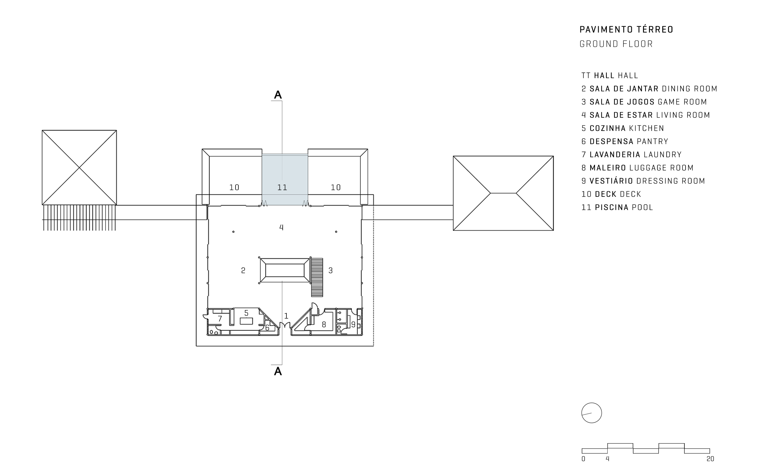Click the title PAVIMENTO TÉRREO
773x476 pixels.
coord(626,30)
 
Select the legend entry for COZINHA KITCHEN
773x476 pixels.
coord(623,129)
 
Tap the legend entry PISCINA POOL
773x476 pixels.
coord(617,207)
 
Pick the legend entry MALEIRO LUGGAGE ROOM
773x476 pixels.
coord(638,168)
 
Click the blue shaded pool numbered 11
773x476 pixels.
coord(285,179)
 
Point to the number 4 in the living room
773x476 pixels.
coord(281,227)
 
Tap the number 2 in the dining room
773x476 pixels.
coord(243,270)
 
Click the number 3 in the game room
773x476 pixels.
coord(330,270)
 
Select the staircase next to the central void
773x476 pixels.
coord(317,277)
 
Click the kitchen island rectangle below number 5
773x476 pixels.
coord(246,321)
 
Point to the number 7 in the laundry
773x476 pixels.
coord(220,319)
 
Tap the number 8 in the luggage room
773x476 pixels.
coord(324,325)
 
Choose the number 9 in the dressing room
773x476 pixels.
coord(353,325)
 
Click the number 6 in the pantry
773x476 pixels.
coord(267,328)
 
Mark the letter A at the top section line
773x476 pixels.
coord(278,95)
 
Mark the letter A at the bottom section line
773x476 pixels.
coord(278,372)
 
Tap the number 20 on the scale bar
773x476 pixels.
coord(710,459)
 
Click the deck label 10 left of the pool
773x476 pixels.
coord(234,188)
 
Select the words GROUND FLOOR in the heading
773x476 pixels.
coord(616,44)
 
